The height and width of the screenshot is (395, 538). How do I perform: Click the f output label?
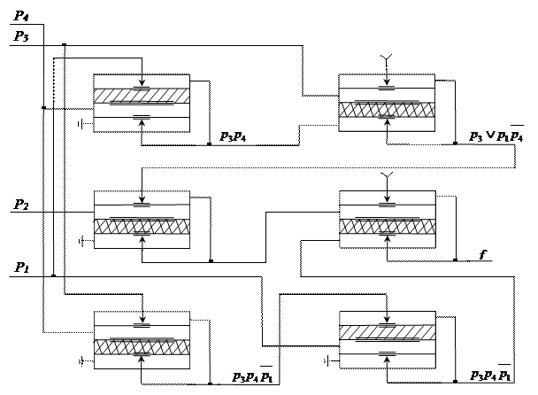[x=481, y=254]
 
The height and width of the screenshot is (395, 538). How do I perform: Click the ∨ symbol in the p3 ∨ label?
[x=489, y=136]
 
